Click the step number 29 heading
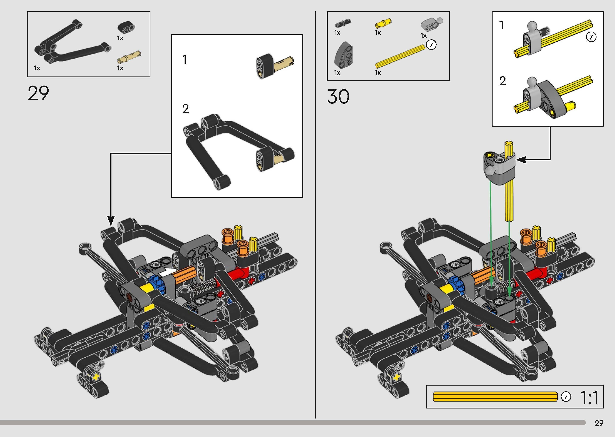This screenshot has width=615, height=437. pyautogui.click(x=38, y=93)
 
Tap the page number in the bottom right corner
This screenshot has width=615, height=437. pyautogui.click(x=599, y=423)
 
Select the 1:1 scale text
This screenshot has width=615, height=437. pyautogui.click(x=589, y=398)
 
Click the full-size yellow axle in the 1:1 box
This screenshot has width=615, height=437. pyautogui.click(x=495, y=397)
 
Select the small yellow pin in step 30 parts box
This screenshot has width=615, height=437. pyautogui.click(x=383, y=24)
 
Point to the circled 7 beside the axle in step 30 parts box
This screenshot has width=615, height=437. pyautogui.click(x=431, y=45)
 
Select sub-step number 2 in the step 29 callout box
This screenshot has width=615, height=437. pyautogui.click(x=186, y=109)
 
